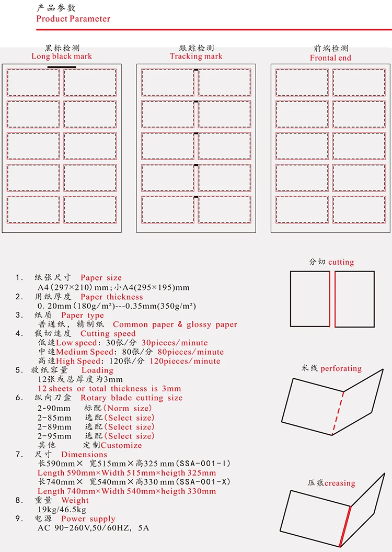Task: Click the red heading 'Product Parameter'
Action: pyautogui.click(x=73, y=19)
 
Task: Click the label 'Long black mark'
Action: pyautogui.click(x=62, y=57)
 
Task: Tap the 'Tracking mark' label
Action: pyautogui.click(x=196, y=57)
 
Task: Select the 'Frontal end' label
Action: pyautogui.click(x=330, y=58)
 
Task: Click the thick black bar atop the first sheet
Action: pyautogui.click(x=62, y=67)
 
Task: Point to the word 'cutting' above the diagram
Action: pyautogui.click(x=341, y=262)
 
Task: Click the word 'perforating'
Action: pyautogui.click(x=341, y=369)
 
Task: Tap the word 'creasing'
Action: pyautogui.click(x=340, y=483)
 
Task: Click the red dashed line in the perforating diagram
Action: pyautogui.click(x=338, y=413)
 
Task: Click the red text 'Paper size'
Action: pyautogui.click(x=101, y=278)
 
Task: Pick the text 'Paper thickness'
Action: pyautogui.click(x=111, y=297)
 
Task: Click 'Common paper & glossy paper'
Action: pyautogui.click(x=175, y=325)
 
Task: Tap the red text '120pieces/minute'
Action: pyautogui.click(x=185, y=362)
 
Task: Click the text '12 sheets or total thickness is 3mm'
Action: pyautogui.click(x=109, y=389)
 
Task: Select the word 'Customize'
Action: pyautogui.click(x=121, y=445)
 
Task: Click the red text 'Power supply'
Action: pyautogui.click(x=88, y=519)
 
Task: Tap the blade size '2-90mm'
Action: pyautogui.click(x=54, y=408)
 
